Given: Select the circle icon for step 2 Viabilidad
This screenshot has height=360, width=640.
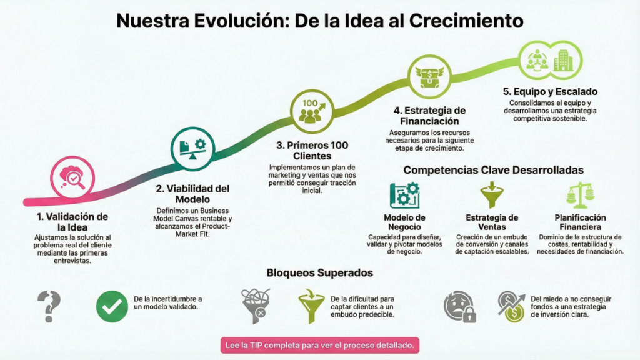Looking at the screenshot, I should click(192, 147).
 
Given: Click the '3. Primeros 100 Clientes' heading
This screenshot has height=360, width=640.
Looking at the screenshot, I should click(312, 151).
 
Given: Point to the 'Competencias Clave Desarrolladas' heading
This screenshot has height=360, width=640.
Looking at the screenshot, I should click(493, 170).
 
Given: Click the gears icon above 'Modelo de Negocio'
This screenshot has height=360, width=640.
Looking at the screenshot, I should click(404, 195).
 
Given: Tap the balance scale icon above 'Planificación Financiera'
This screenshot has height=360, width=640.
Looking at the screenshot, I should click(580, 195).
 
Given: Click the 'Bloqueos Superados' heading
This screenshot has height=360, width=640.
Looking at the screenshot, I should click(319, 272).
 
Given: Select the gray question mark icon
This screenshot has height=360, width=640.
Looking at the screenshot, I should click(48, 306).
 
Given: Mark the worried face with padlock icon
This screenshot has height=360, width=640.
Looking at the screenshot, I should click(459, 307).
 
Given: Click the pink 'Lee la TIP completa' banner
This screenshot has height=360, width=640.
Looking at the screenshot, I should click(319, 344).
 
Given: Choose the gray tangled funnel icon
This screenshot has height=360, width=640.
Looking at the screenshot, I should click(256, 306).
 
